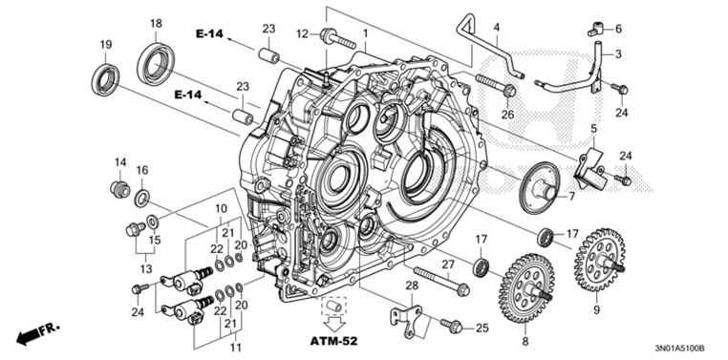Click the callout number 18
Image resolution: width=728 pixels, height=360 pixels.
tap(156, 22)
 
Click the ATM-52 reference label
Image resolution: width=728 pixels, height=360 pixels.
tap(335, 341)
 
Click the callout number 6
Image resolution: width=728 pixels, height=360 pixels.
tap(617, 29)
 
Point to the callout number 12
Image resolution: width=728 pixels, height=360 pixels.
tap(302, 34)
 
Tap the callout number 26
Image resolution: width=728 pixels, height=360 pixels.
tap(507, 116)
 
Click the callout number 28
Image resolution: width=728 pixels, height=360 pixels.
tap(412, 286)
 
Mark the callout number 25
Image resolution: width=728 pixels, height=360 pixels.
tap(482, 328)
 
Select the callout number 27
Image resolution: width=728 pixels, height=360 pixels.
tap(446, 264)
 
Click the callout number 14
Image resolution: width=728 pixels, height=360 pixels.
tap(120, 161)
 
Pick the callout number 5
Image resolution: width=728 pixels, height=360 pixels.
tap(592, 129)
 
